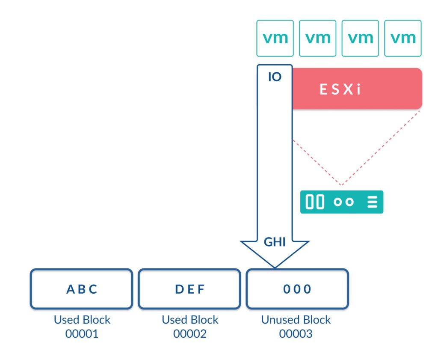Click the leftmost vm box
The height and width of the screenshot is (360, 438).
pyautogui.click(x=275, y=38)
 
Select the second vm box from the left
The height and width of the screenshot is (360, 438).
pyautogui.click(x=317, y=38)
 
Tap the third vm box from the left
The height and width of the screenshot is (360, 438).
pyautogui.click(x=360, y=38)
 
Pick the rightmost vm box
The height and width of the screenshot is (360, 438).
pyautogui.click(x=403, y=38)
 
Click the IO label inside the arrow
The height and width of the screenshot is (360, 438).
pyautogui.click(x=274, y=78)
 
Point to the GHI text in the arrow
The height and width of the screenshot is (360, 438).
pyautogui.click(x=274, y=242)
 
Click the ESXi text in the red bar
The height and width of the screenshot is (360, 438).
pyautogui.click(x=340, y=90)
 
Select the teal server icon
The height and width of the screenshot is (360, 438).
pyautogui.click(x=341, y=202)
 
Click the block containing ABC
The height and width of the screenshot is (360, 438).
pyautogui.click(x=81, y=289)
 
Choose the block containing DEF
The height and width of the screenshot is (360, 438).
pyautogui.click(x=189, y=289)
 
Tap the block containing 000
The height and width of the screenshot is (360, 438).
pyautogui.click(x=297, y=289)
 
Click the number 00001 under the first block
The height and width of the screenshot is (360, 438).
pyautogui.click(x=82, y=334)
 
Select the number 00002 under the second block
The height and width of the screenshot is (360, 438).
pyautogui.click(x=189, y=334)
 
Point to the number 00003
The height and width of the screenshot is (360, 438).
pyautogui.click(x=296, y=334)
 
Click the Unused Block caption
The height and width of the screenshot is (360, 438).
pyautogui.click(x=296, y=320)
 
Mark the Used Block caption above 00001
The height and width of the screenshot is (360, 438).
pyautogui.click(x=82, y=320)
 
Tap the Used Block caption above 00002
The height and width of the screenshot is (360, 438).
pyautogui.click(x=189, y=320)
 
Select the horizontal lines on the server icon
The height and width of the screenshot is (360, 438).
pyautogui.click(x=372, y=202)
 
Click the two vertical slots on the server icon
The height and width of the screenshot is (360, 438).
pyautogui.click(x=315, y=202)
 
